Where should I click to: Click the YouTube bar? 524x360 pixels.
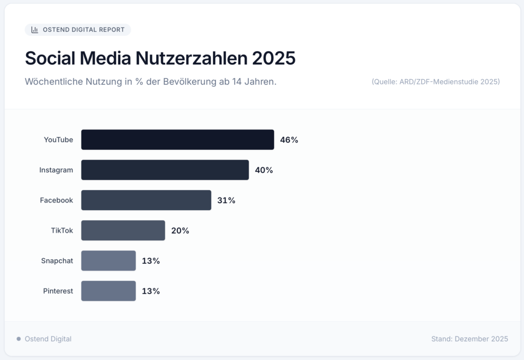[178, 140]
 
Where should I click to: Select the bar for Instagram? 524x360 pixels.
[165, 170]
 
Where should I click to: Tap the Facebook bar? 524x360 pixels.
[146, 200]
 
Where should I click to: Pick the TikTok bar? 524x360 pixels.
[123, 230]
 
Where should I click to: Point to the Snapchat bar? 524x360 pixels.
[108, 260]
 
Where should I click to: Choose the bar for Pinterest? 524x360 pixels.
[108, 290]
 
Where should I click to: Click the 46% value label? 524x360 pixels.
[289, 140]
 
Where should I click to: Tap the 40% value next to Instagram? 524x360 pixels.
[264, 170]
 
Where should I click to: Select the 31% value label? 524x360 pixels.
[226, 200]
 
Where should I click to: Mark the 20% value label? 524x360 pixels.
[180, 230]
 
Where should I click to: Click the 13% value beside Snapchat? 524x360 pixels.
[151, 260]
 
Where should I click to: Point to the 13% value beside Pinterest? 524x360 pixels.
[151, 290]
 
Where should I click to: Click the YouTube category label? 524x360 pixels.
[58, 140]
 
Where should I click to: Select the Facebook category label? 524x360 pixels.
[56, 200]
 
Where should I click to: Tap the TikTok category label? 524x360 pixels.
[62, 230]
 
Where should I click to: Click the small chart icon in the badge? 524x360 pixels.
[35, 30]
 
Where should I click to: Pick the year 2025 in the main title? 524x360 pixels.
[274, 58]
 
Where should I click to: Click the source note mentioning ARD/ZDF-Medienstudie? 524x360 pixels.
[435, 82]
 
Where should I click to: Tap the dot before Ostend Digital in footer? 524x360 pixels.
[19, 339]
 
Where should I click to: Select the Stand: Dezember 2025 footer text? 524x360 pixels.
[469, 339]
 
